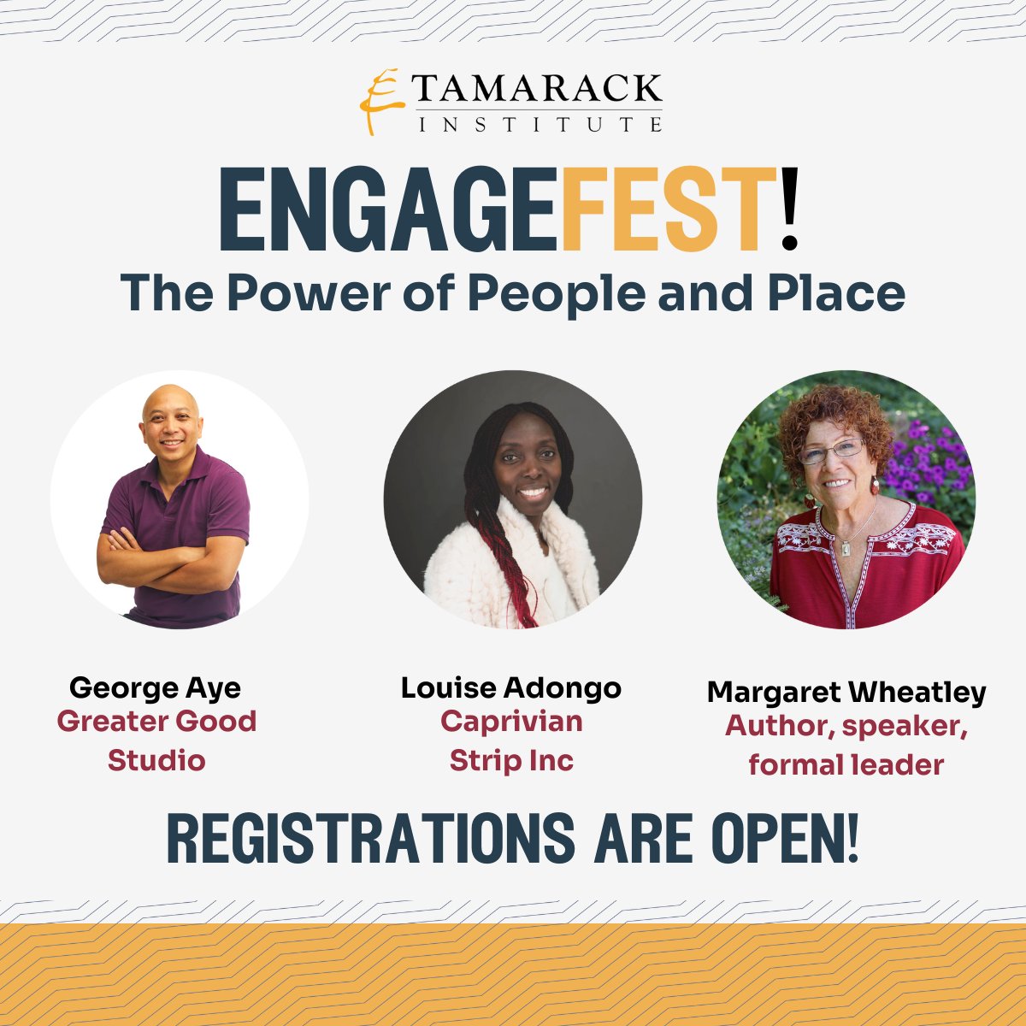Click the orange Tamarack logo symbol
coord(380,101)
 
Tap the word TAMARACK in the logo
coord(540,88)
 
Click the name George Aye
coord(156,687)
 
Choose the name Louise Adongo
coord(511,687)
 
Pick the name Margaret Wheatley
coord(846,692)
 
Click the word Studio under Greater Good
coord(156,760)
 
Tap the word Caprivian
coord(511,722)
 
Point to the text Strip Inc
coord(511,760)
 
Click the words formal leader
coord(846,764)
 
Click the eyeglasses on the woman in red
coord(831,451)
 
